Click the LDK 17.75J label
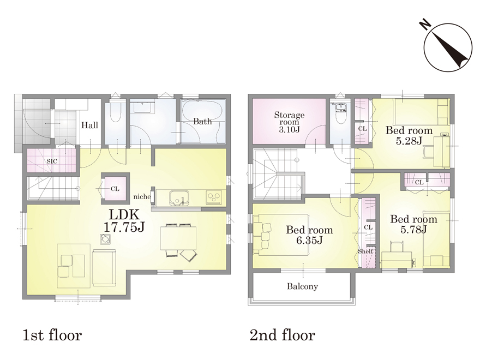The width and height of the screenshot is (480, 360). click(124, 220)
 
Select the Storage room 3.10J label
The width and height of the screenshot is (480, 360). click(289, 122)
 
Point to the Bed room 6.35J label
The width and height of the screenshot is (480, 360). click(309, 235)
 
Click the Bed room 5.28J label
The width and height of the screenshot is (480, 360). click(409, 135)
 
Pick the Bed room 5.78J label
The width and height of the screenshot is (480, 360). click(413, 224)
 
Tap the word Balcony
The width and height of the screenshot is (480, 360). click(302, 286)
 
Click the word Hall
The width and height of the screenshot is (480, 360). click(89, 125)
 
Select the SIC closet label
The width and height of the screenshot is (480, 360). click(52, 161)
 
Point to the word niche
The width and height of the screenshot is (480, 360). click(142, 196)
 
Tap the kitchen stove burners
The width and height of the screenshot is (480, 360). click(214, 196)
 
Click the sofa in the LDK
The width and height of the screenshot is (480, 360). click(104, 268)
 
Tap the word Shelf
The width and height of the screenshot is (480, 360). click(365, 251)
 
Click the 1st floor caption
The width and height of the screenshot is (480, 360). click(52, 335)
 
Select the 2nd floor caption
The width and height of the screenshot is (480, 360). click(282, 335)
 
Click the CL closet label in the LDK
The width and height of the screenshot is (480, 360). click(115, 189)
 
